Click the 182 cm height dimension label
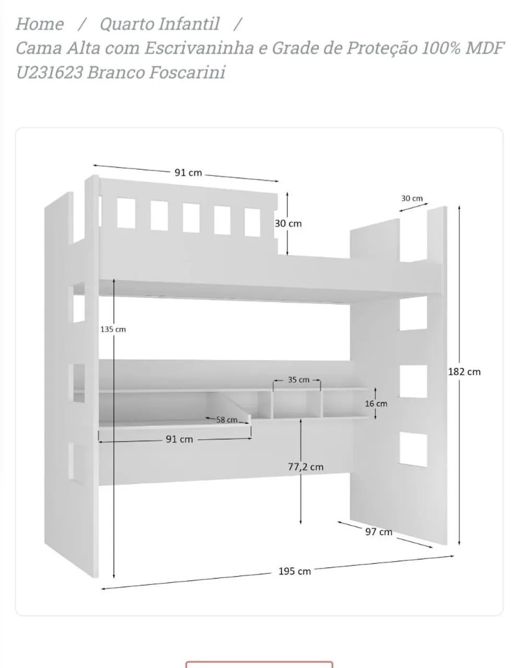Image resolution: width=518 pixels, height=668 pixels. (x=464, y=372)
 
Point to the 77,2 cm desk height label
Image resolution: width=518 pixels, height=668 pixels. (x=305, y=467)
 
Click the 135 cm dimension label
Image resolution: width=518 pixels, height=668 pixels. (x=113, y=329)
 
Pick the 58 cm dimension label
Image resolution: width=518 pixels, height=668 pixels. (x=227, y=420)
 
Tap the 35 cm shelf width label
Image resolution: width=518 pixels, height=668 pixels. (x=298, y=379)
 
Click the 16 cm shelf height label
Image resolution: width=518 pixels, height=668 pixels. (x=376, y=403)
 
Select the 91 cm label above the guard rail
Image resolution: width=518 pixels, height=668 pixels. (x=188, y=173)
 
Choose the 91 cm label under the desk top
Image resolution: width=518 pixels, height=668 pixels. (x=179, y=439)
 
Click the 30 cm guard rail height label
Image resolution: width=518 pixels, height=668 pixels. (x=288, y=223)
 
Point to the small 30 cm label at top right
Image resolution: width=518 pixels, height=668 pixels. (x=412, y=198)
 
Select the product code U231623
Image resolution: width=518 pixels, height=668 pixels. (x=50, y=73)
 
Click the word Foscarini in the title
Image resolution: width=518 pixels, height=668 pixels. (x=187, y=73)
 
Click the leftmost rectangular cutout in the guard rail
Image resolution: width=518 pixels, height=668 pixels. (x=126, y=213)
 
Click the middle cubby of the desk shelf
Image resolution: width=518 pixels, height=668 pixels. (x=297, y=404)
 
